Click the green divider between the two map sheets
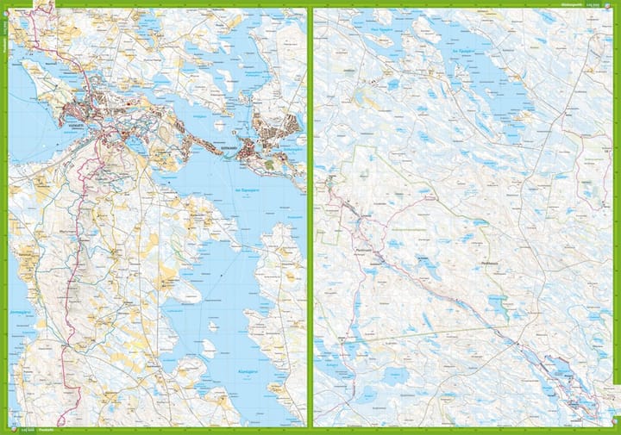(310, 215)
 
